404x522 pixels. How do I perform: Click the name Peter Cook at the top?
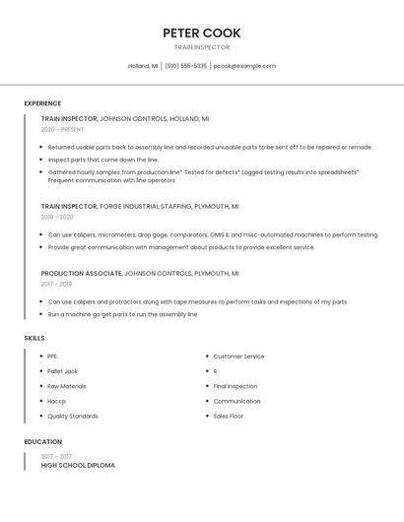[201, 33]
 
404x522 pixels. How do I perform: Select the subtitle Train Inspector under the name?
[201, 47]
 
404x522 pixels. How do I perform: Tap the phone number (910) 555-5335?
[185, 66]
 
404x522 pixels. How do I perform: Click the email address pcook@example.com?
[244, 66]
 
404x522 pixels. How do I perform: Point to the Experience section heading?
[42, 103]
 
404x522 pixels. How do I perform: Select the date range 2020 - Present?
[62, 129]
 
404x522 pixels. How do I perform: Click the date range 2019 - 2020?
[57, 217]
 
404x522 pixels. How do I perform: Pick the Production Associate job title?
[81, 273]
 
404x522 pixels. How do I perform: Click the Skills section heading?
[34, 338]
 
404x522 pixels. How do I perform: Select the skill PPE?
[52, 357]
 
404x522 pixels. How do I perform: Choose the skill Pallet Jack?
[62, 371]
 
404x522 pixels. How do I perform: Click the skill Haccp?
[56, 401]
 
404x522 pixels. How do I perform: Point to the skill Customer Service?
[238, 357]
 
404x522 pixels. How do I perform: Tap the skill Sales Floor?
[228, 416]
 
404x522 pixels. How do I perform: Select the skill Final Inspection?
[235, 386]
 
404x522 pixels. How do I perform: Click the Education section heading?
[42, 442]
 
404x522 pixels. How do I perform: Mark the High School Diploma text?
[78, 465]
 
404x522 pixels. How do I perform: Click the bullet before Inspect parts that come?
[41, 160]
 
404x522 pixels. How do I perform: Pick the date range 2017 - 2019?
[56, 284]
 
